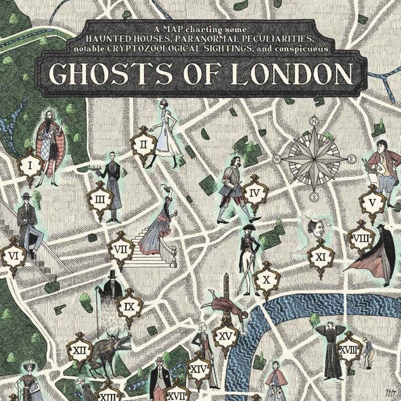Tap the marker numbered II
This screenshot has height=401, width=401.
coord(144,144)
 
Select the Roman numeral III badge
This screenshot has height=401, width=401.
coord(100,200)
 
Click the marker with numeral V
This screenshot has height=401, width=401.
coord(373,203)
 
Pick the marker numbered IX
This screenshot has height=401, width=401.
coord(129,307)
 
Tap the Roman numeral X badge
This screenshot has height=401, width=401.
coord(266,279)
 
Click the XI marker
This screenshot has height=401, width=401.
coord(320,257)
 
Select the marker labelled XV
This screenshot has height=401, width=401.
coord(225,336)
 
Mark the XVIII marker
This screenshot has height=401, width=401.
coord(348,350)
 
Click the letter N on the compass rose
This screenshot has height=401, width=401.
coord(315,121)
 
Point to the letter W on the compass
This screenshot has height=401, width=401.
coord(277,159)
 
